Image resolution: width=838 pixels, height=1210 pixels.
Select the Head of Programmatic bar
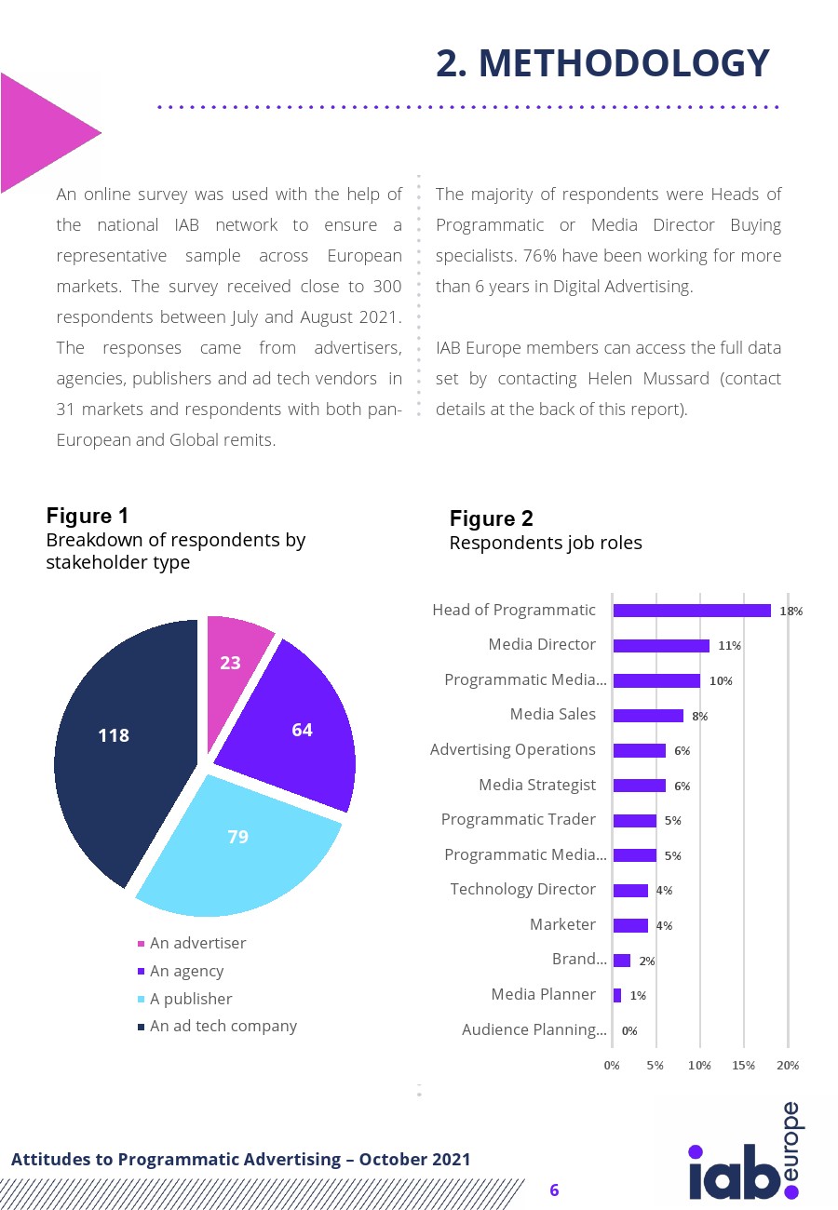pos(692,611)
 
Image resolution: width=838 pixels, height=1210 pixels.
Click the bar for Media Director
pos(661,646)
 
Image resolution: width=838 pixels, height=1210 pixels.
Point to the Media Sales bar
pos(648,716)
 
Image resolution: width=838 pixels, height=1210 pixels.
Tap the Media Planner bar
pos(617,995)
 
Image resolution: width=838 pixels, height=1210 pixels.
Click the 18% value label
pos(791,612)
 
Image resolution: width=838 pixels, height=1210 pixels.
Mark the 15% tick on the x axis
pos(744,1065)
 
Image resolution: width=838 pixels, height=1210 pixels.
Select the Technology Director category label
pos(522,889)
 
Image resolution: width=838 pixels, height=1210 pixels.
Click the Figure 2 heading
pos(492,518)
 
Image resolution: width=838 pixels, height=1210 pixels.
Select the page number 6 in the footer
pos(554,1190)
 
